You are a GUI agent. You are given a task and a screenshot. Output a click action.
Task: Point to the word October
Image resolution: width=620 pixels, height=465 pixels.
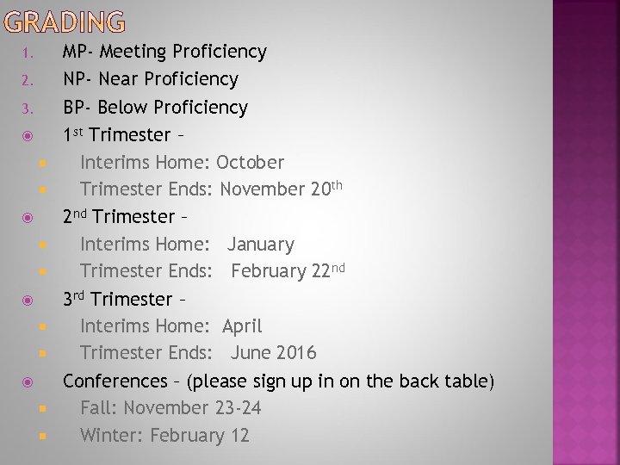point(250,162)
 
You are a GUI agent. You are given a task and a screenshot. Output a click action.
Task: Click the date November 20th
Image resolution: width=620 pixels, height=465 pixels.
point(281,189)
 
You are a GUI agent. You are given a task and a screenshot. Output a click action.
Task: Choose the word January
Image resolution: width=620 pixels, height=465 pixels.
point(260,245)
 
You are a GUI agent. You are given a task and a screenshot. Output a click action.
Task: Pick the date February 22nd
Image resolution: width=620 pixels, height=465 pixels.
point(288,271)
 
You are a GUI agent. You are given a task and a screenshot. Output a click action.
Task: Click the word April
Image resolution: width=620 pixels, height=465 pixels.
point(242,326)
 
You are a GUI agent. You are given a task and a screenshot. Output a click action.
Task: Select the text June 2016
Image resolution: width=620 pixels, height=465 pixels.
point(273,353)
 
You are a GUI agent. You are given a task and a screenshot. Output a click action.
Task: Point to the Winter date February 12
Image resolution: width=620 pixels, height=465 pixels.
point(200,436)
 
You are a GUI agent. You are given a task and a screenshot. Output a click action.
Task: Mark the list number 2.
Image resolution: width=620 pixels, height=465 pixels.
point(27,81)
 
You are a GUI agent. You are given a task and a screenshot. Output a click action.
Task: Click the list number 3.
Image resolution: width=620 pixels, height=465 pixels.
point(27,108)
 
